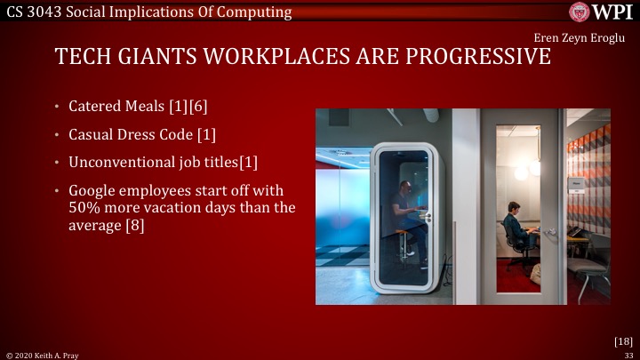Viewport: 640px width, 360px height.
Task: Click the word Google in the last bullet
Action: click(x=95, y=191)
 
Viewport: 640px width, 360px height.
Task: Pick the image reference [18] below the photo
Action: click(x=622, y=340)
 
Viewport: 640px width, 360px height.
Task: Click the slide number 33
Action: click(x=628, y=354)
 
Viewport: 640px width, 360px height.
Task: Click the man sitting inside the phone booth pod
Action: click(x=406, y=213)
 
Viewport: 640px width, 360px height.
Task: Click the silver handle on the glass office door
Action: click(x=551, y=231)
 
